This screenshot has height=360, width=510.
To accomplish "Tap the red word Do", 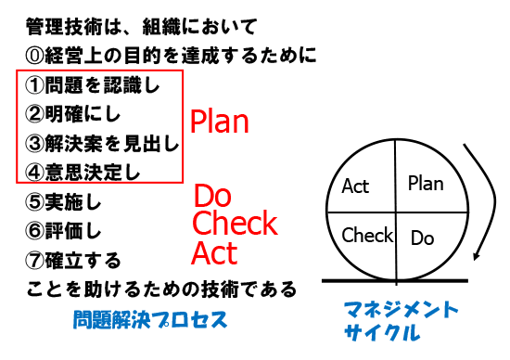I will [212, 196].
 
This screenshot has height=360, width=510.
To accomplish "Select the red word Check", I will [235, 224].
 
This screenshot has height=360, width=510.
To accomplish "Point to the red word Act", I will [214, 252].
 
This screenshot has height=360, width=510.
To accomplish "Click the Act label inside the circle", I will [355, 186].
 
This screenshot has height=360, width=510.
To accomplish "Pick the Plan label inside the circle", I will [426, 183].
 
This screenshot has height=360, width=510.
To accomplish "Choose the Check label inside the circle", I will [368, 235].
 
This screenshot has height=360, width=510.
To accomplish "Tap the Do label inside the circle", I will [422, 238].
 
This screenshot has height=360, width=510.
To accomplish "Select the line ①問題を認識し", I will [91, 86].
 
